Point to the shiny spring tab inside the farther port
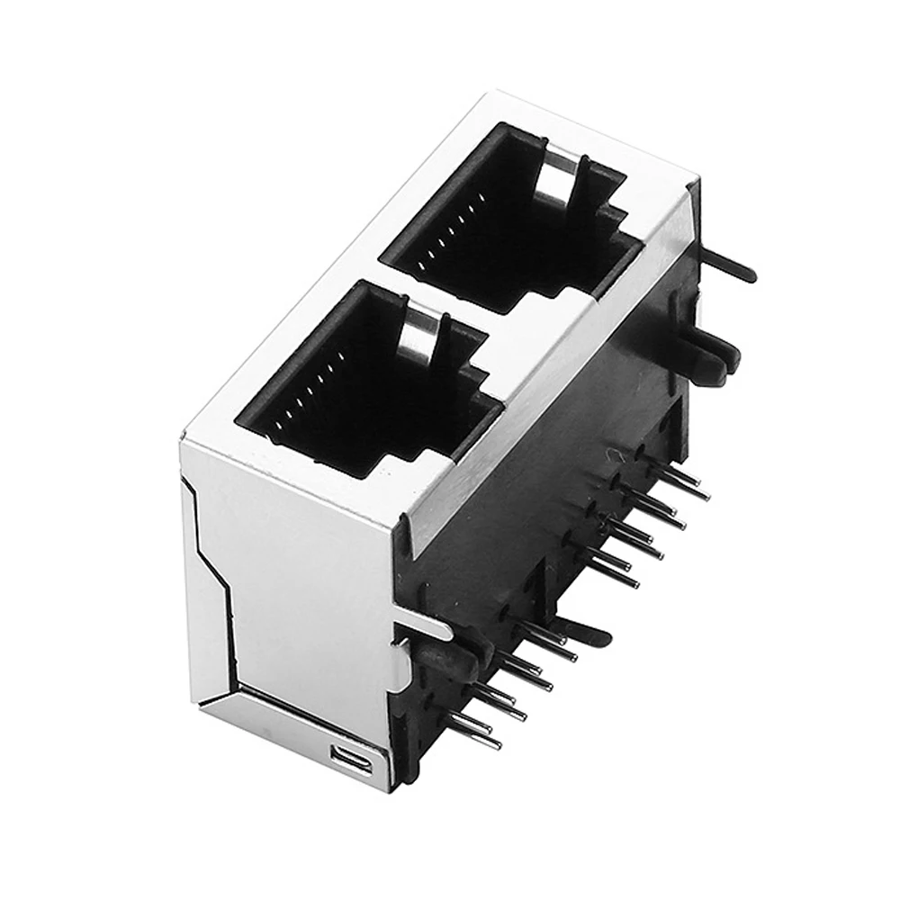558,175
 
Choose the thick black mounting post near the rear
711,355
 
